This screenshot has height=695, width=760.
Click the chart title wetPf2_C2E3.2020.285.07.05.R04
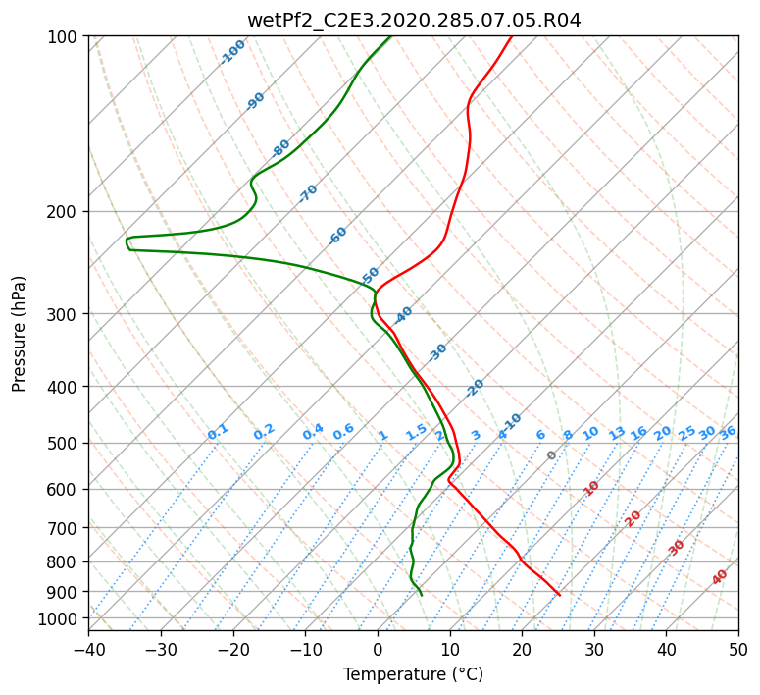click(414, 21)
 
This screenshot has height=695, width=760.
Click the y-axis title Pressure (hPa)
click(19, 334)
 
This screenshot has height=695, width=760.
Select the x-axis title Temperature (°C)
click(414, 674)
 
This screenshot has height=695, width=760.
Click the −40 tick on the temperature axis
click(88, 650)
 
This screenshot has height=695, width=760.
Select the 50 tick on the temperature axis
click(738, 650)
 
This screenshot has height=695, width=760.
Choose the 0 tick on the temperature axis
click(378, 650)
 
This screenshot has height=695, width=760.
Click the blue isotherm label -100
click(232, 52)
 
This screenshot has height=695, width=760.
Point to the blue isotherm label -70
click(308, 193)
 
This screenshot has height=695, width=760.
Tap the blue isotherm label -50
click(370, 276)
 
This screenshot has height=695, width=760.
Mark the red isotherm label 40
click(720, 577)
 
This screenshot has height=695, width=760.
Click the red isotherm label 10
click(591, 488)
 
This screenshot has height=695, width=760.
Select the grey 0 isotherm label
click(551, 455)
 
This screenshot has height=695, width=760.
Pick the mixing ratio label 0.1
click(218, 432)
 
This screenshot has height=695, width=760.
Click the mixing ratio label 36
click(728, 433)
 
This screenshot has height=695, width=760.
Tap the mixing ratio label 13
click(617, 433)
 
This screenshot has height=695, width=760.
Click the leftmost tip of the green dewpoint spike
click(127, 241)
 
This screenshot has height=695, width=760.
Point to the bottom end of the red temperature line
click(560, 595)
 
